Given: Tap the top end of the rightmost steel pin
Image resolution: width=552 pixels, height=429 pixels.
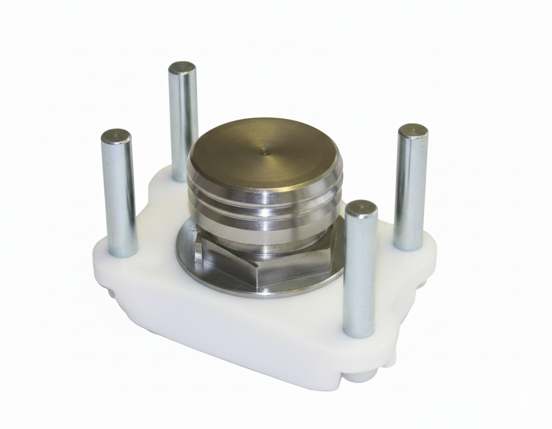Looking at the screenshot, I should click(x=413, y=130).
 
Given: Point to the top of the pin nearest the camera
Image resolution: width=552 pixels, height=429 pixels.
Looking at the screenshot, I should click(x=361, y=207).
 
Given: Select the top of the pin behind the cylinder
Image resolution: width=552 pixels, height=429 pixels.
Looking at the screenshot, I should click(x=182, y=68).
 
